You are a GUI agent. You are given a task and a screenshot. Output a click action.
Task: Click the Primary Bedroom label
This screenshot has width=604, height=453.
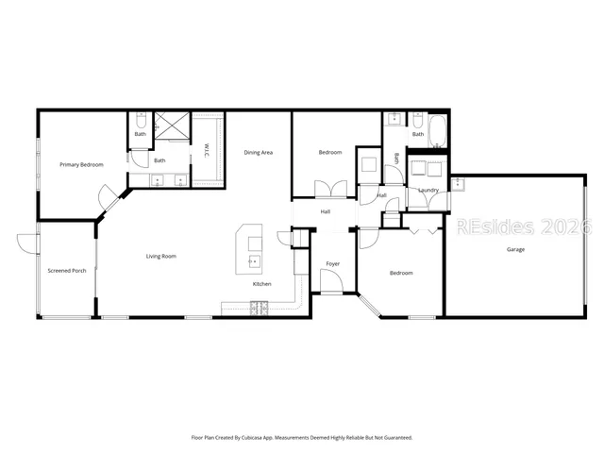coord(81,165)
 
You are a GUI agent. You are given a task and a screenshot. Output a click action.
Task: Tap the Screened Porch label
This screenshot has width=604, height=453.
coord(66,271)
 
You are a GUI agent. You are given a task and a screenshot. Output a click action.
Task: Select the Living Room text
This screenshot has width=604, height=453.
coord(160,256)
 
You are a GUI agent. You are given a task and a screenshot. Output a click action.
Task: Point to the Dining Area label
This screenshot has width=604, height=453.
coord(259,152)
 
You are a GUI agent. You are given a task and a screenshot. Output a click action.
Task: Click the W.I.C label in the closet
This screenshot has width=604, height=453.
coord(207,150)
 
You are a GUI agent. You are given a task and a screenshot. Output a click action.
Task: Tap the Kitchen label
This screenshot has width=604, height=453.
coord(261,284)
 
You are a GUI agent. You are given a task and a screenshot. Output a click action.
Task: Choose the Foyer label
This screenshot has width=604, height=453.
coord(333,263)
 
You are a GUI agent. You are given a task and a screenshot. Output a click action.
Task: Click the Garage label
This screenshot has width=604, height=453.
coord(515,249)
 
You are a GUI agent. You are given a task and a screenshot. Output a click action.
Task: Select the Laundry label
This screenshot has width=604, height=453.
coord(428,191)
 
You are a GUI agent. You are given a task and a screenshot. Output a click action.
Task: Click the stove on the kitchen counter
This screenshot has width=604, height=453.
coord(258,307)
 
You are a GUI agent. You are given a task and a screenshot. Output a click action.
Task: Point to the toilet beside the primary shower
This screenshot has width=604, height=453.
coord(140,121)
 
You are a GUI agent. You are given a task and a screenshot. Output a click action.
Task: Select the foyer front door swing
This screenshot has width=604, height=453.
coord(330,281)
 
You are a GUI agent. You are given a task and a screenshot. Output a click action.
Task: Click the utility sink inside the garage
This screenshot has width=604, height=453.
coord(458,183)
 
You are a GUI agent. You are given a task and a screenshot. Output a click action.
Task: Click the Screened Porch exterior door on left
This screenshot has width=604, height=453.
coord(25,243)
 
